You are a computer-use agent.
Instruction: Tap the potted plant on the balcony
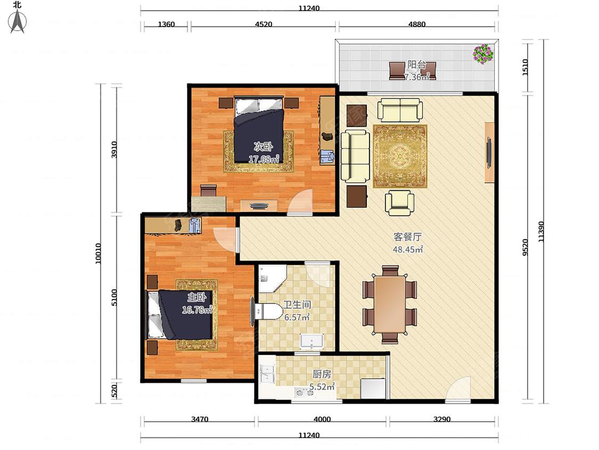483,54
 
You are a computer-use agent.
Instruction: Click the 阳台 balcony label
416,65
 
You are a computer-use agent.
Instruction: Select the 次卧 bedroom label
263,146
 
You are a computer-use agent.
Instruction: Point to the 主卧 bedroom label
196,297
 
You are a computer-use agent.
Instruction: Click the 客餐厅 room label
408,237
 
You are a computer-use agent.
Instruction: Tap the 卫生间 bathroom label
297,304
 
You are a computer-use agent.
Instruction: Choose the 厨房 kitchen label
322,373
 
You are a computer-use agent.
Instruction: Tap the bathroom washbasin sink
311,342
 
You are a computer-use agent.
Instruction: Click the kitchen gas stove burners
305,392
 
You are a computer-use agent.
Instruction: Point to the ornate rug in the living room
400,156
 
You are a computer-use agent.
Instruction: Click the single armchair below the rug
399,203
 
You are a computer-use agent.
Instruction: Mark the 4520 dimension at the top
264,24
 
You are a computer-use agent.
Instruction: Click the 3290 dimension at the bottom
442,419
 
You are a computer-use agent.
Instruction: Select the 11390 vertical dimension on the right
541,231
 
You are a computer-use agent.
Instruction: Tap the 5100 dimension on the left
114,298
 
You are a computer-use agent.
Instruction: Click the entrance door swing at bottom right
458,388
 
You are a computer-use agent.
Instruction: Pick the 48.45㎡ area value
408,250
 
